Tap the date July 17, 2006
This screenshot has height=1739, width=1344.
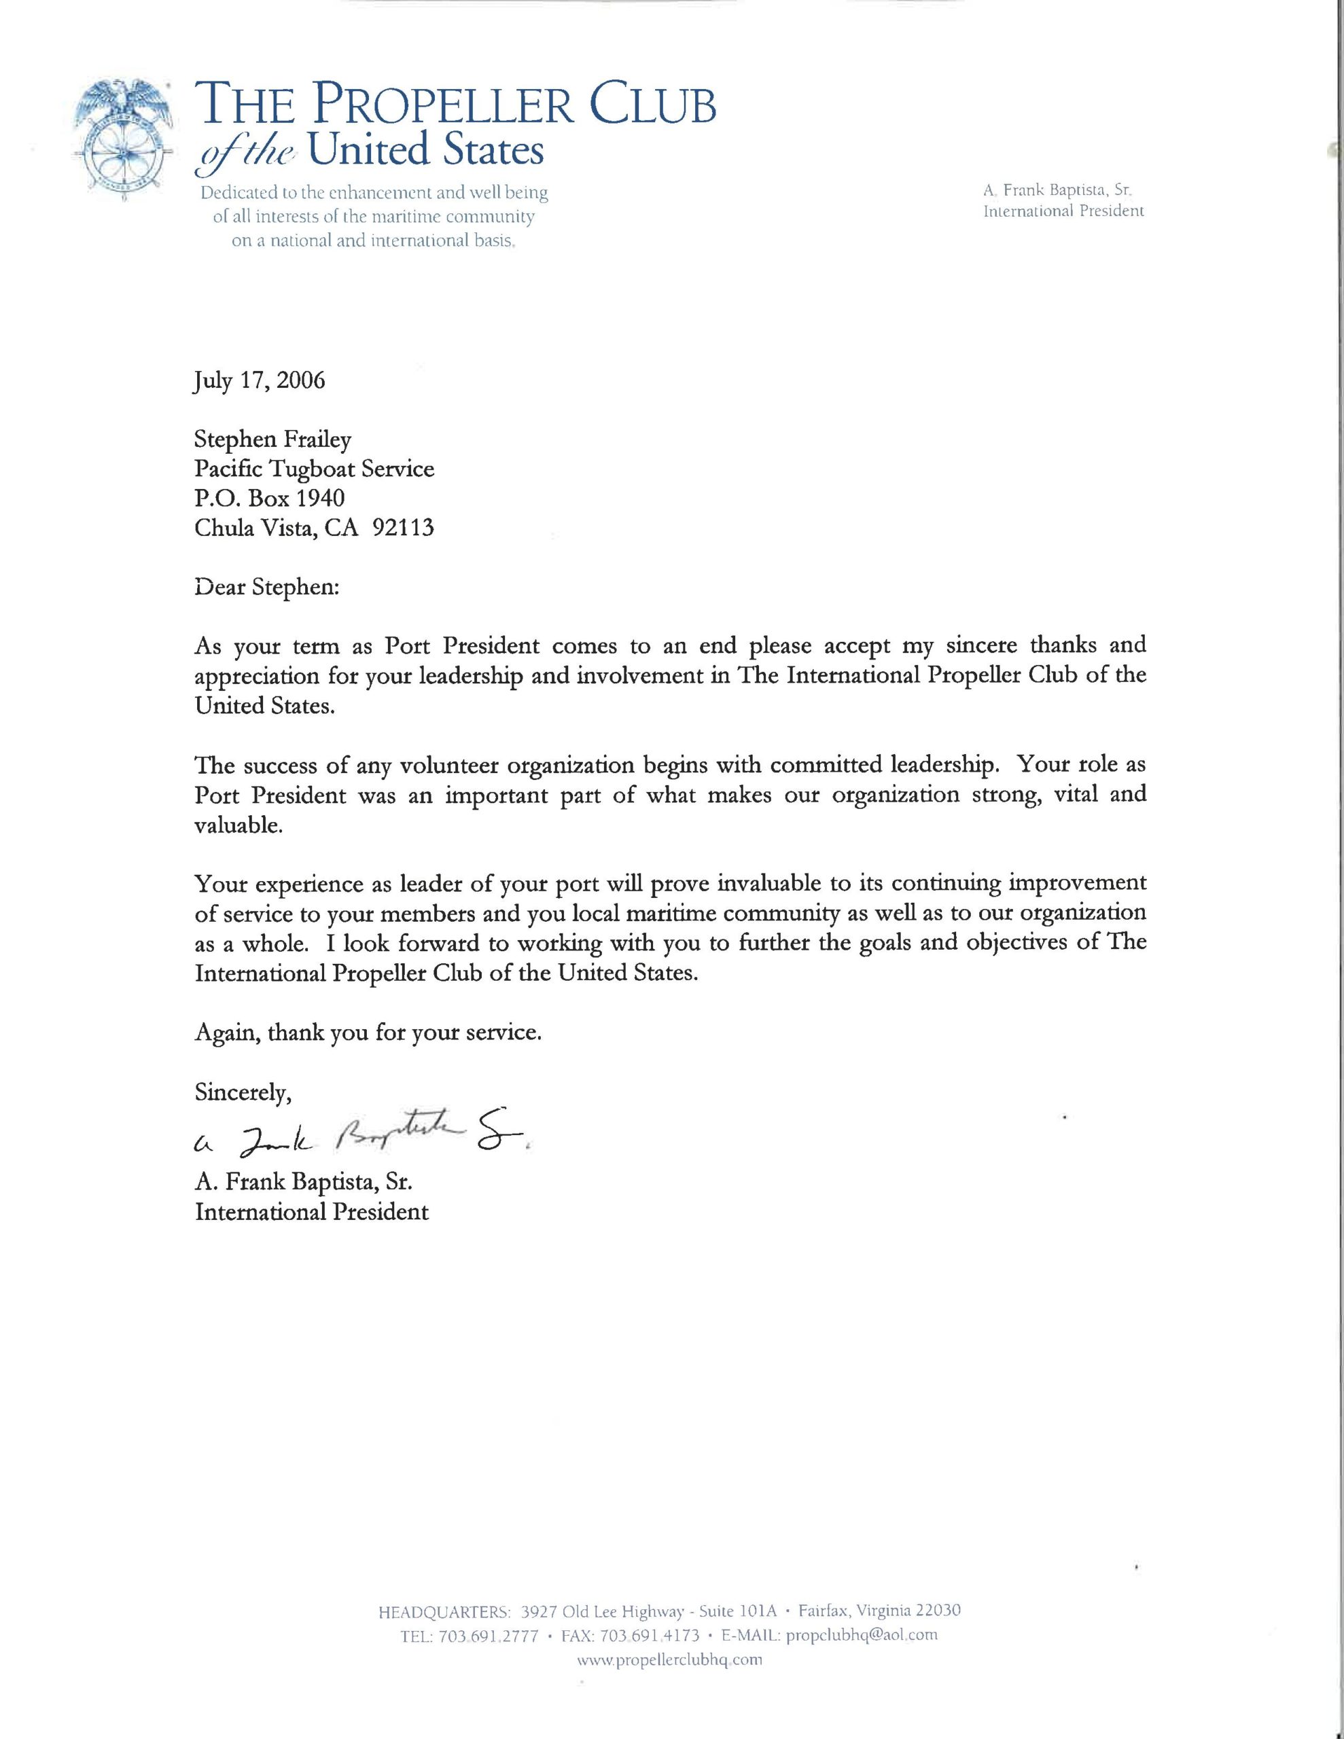(260, 380)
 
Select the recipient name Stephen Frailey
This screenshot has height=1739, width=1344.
(272, 439)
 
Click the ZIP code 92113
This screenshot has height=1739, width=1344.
(403, 527)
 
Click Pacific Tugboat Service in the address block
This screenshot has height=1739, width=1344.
(315, 468)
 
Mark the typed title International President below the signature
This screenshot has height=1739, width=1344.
(311, 1212)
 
